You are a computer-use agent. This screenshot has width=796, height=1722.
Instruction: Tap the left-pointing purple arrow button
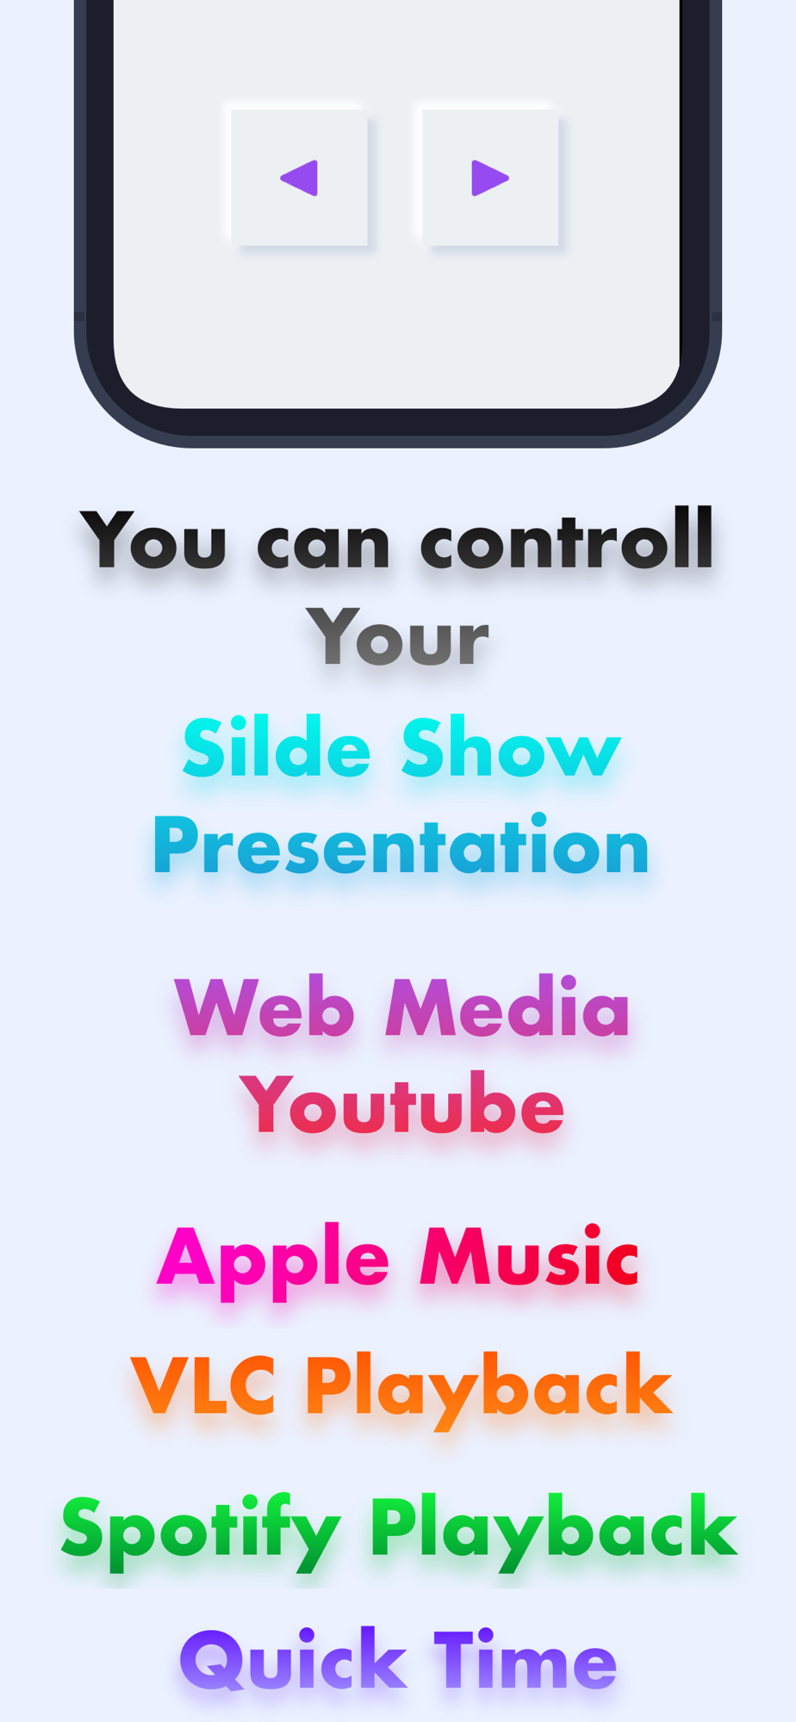299,177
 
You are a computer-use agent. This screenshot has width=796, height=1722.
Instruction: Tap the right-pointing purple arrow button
490,177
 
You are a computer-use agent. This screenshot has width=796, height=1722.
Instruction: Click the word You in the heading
154,540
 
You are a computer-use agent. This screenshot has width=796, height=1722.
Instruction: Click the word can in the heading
323,546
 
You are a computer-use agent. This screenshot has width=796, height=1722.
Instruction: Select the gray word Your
398,637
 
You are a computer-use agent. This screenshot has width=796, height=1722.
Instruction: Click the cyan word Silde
277,746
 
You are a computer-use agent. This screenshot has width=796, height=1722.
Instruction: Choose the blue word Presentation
401,845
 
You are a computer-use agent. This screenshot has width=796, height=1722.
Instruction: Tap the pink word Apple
274,1262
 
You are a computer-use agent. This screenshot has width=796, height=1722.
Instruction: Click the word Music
529,1256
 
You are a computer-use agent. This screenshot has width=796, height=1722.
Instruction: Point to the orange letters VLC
203,1384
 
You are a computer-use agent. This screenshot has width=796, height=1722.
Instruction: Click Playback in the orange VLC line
488,1390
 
